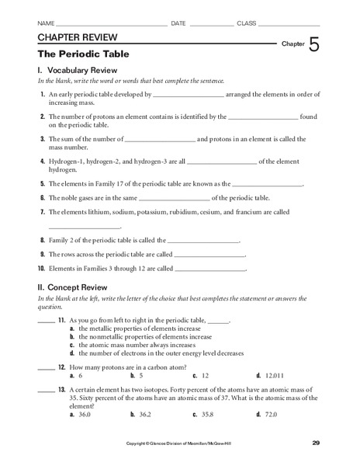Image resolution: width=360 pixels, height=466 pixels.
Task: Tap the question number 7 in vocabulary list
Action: pyautogui.click(x=42, y=211)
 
